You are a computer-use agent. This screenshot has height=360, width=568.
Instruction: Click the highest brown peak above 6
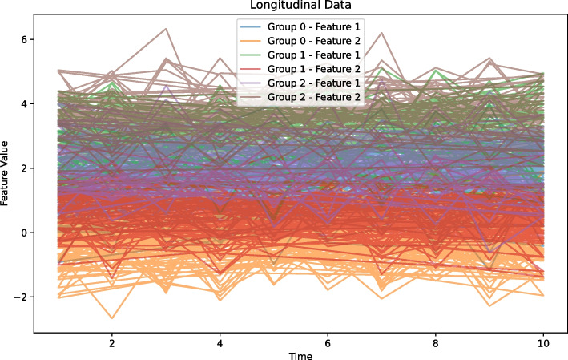pos(166,29)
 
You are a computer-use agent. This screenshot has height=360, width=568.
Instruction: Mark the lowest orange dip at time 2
pos(111,318)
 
